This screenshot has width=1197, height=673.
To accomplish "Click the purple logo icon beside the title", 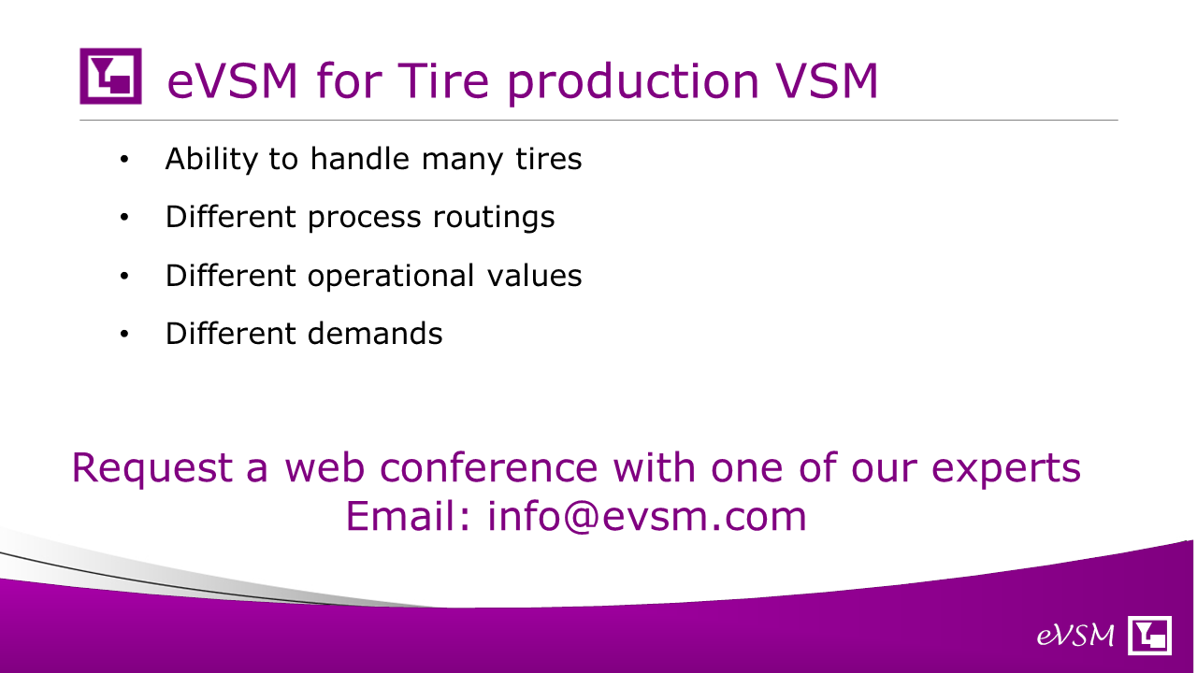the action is [110, 76].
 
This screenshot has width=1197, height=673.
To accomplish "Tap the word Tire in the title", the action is [443, 80].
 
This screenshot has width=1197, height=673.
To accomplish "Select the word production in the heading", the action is [634, 83].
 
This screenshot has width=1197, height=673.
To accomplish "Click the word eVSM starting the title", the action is [232, 80].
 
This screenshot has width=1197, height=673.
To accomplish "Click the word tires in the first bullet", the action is [549, 159].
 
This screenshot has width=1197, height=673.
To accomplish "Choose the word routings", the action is [494, 218].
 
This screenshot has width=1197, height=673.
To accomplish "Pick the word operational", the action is [391, 276].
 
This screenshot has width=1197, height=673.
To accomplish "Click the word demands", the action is [375, 334].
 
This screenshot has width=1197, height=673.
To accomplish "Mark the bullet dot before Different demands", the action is [124, 335].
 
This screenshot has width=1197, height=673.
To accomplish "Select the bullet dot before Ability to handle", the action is [124, 159].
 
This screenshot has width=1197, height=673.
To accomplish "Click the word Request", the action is [152, 468].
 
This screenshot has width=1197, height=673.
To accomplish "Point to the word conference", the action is [488, 467].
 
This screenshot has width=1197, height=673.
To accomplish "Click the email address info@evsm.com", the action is [646, 516].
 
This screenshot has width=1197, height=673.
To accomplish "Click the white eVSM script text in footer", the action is [1075, 636].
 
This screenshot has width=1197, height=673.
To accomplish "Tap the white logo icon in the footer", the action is [1149, 635].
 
